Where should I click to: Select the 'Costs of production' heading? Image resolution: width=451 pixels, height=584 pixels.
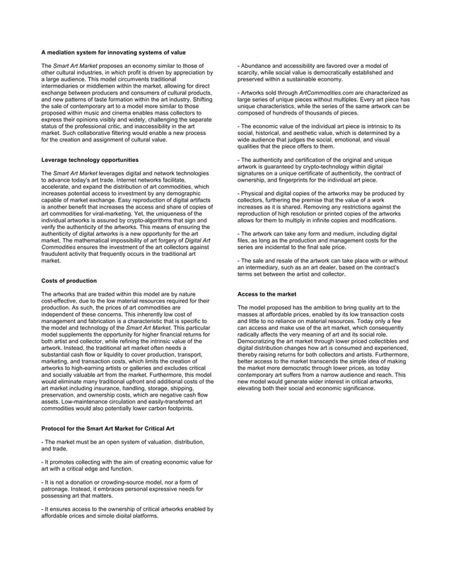click(69, 281)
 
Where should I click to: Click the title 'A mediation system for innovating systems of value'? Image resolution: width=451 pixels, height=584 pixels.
click(113, 52)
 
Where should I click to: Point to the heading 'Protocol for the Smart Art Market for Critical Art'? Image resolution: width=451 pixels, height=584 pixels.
click(108, 429)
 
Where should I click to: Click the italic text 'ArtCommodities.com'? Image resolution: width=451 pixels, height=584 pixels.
click(332, 93)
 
